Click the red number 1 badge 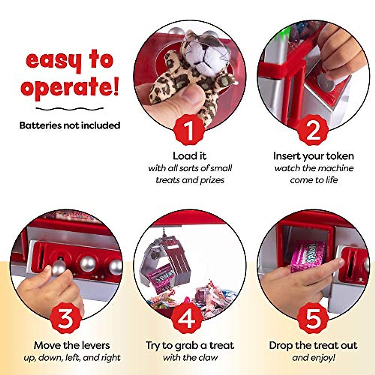coord(189,130)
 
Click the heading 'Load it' coord(190,156)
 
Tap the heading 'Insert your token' coord(313,156)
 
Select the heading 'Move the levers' coord(72,345)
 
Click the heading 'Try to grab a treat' coord(190,345)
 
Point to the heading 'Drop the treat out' coord(313,345)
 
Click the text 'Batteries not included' coord(70,125)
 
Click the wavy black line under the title coord(69,109)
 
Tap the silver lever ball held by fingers coord(59,268)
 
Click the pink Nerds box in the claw coord(159,276)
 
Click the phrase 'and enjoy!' coord(313,357)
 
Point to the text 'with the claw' coord(190,357)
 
